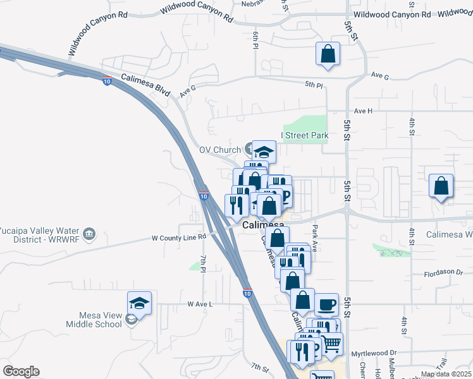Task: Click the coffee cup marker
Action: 326,305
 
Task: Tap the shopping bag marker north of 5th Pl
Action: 328,54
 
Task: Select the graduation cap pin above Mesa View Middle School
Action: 139,303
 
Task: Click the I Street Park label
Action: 305,135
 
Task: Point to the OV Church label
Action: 220,150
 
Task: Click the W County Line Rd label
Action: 179,237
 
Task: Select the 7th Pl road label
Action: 204,264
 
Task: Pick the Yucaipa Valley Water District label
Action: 40,234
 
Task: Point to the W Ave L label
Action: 200,304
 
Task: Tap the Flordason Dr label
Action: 446,273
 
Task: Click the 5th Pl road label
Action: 314,85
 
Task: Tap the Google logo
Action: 21,371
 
